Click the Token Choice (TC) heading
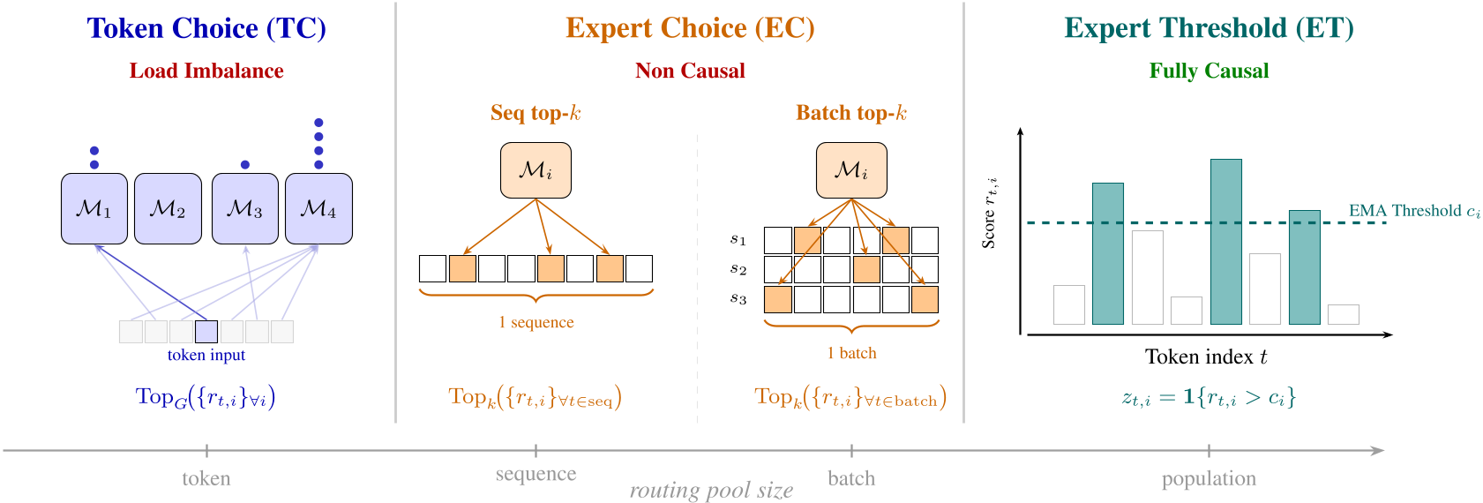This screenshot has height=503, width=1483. pyautogui.click(x=206, y=28)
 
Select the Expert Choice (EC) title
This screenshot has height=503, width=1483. pyautogui.click(x=690, y=28)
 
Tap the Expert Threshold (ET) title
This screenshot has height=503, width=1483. pyautogui.click(x=1209, y=28)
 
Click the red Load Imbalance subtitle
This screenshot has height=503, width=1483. pyautogui.click(x=206, y=71)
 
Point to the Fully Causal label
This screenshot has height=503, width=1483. pyautogui.click(x=1209, y=71)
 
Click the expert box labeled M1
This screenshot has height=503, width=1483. pyautogui.click(x=94, y=208)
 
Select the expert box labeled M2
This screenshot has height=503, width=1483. pyautogui.click(x=168, y=208)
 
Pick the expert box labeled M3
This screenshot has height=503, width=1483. pyautogui.click(x=245, y=208)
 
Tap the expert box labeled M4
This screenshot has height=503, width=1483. pyautogui.click(x=318, y=208)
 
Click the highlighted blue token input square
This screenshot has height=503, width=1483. pyautogui.click(x=206, y=332)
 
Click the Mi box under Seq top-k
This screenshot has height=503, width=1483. pyautogui.click(x=536, y=170)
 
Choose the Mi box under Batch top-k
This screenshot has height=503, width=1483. pyautogui.click(x=851, y=170)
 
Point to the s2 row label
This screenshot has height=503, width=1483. pyautogui.click(x=738, y=269)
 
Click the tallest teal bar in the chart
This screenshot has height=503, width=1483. pyautogui.click(x=1226, y=242)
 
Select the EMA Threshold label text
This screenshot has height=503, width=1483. pyautogui.click(x=1414, y=211)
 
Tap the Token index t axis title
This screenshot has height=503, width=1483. pyautogui.click(x=1206, y=357)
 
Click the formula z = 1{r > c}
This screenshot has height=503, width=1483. pyautogui.click(x=1209, y=398)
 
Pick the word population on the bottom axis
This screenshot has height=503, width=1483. pyautogui.click(x=1209, y=478)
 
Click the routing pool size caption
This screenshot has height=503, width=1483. pyautogui.click(x=711, y=491)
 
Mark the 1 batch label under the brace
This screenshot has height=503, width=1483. pyautogui.click(x=851, y=353)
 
